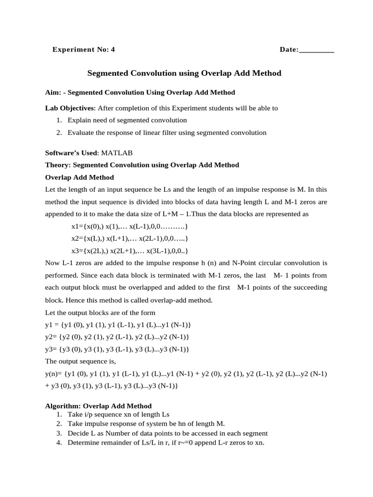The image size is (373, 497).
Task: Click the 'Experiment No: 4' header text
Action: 84,50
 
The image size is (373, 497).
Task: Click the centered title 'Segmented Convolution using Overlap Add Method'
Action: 184,73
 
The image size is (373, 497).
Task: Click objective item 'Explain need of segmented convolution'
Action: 127,120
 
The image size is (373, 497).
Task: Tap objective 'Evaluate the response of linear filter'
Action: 167,133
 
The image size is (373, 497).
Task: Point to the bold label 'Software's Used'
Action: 71,152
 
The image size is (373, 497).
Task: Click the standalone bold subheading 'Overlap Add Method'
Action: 79,177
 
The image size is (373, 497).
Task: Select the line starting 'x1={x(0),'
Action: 129,227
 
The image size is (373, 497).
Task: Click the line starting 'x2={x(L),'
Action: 129,239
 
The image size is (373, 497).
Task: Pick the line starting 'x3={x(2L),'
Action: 129,251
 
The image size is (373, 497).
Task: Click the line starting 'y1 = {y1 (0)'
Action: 118,325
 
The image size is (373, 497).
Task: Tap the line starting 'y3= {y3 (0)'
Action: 117,349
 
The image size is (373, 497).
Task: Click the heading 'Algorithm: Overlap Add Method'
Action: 98,406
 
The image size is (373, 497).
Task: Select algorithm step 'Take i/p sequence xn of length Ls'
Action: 119,414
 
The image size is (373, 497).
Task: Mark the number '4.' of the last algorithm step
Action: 59,443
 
